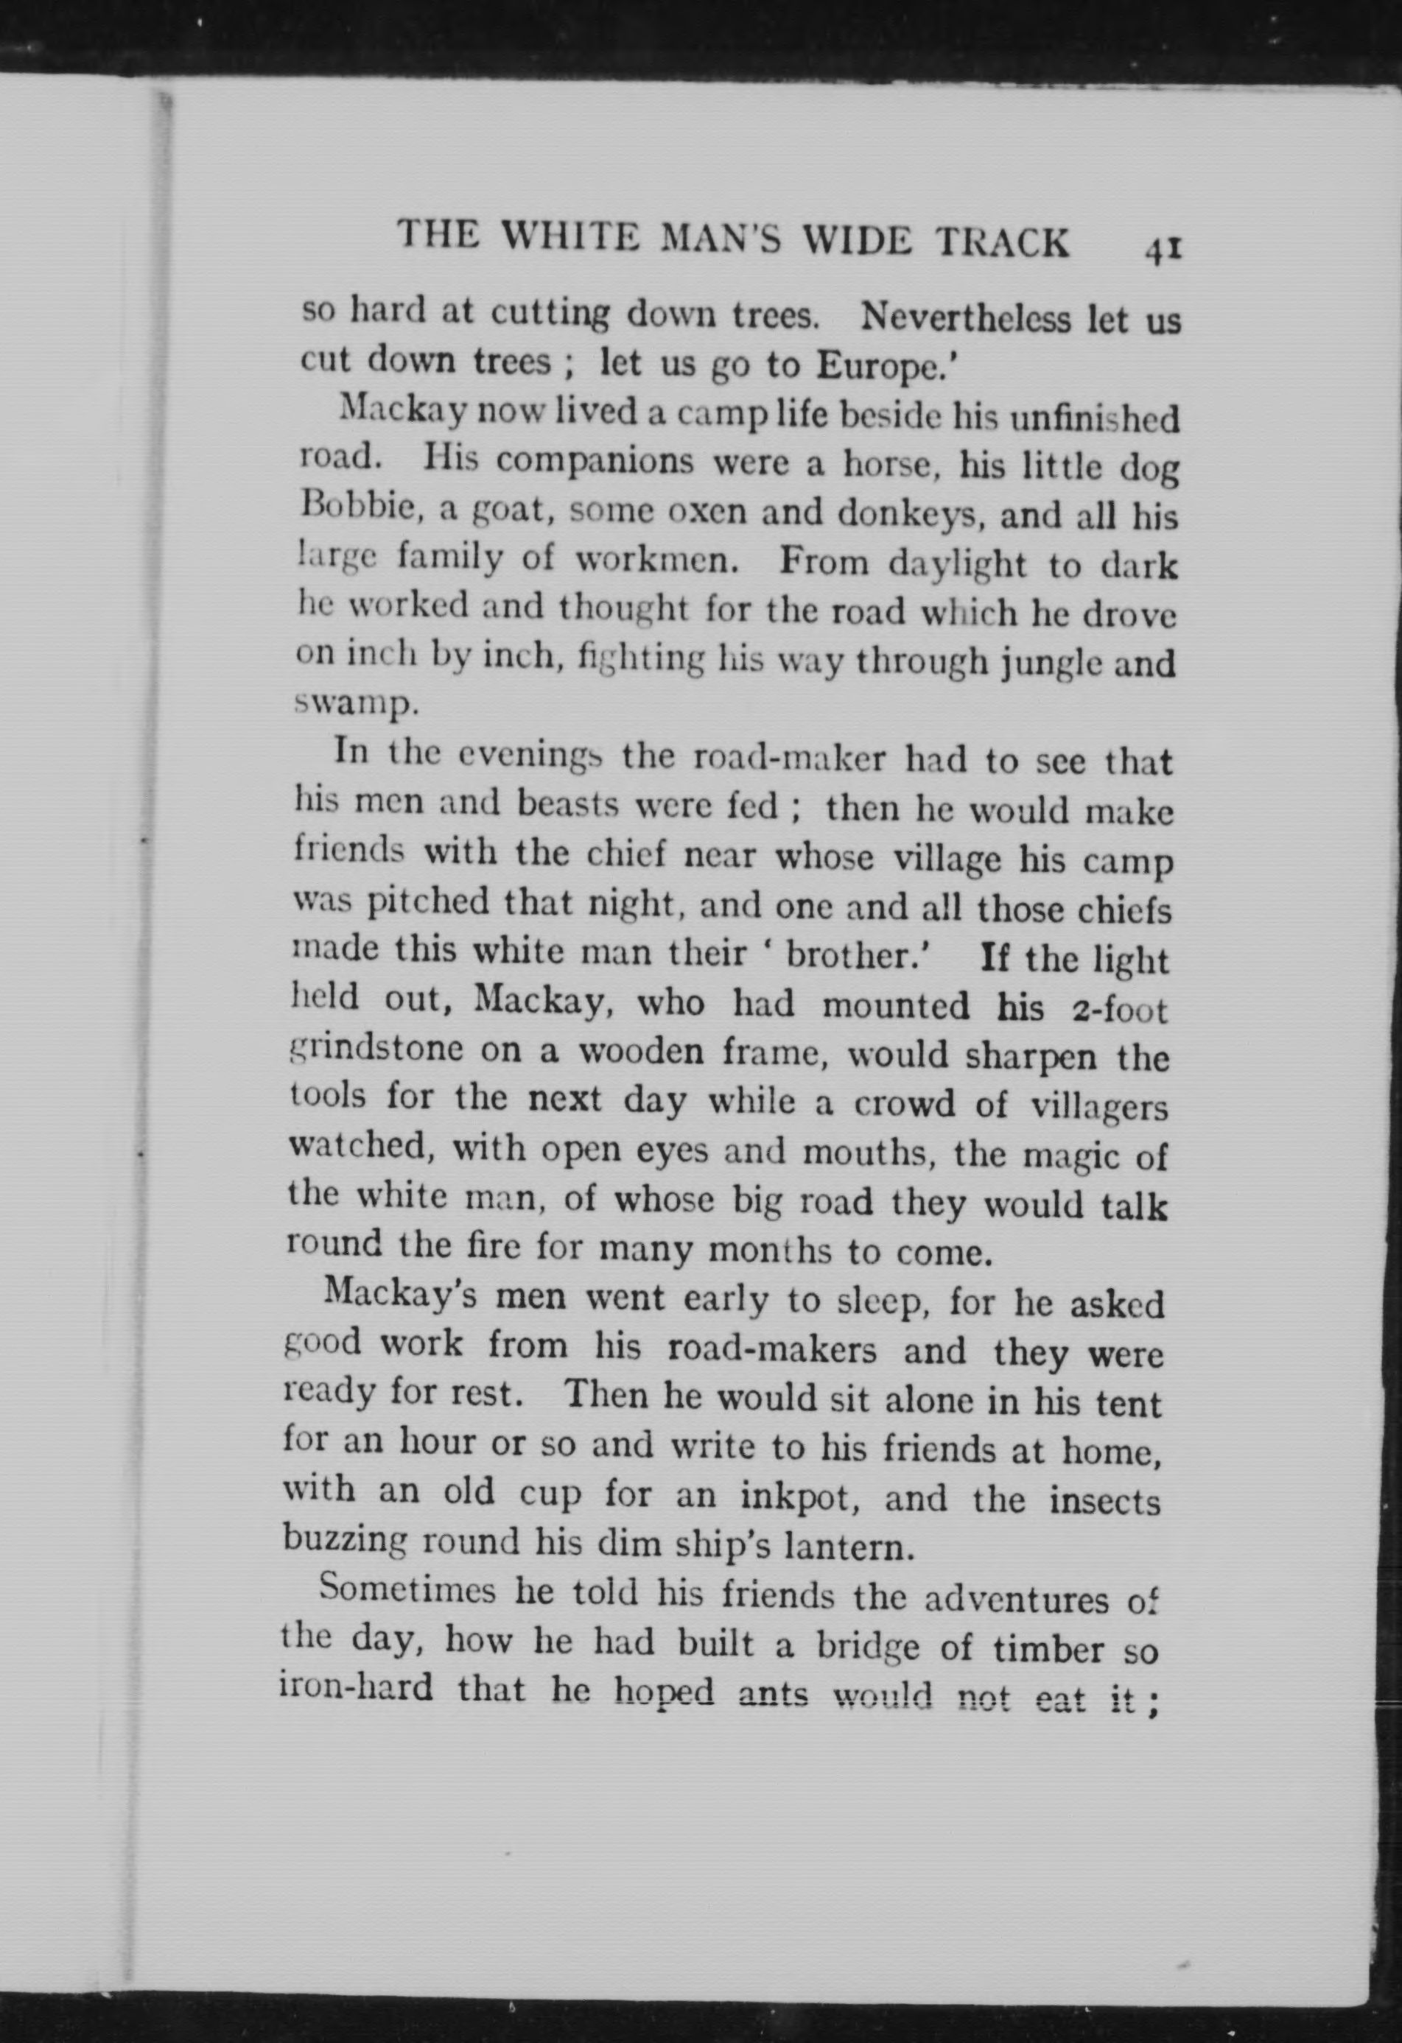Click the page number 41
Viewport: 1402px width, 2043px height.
[x=1163, y=250]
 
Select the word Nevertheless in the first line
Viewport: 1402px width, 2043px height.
[x=967, y=317]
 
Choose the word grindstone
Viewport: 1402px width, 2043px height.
[x=376, y=1049]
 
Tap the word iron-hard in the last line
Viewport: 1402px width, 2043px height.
[x=355, y=1687]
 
